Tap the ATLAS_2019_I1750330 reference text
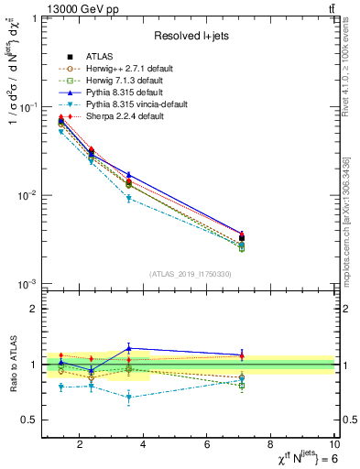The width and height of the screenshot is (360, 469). tap(190, 274)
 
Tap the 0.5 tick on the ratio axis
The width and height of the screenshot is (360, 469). tap(32, 420)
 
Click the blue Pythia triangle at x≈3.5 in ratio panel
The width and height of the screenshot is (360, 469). tap(129, 348)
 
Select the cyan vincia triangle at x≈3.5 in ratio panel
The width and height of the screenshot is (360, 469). tap(129, 398)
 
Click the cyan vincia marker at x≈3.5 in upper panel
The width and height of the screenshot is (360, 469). tap(129, 198)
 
